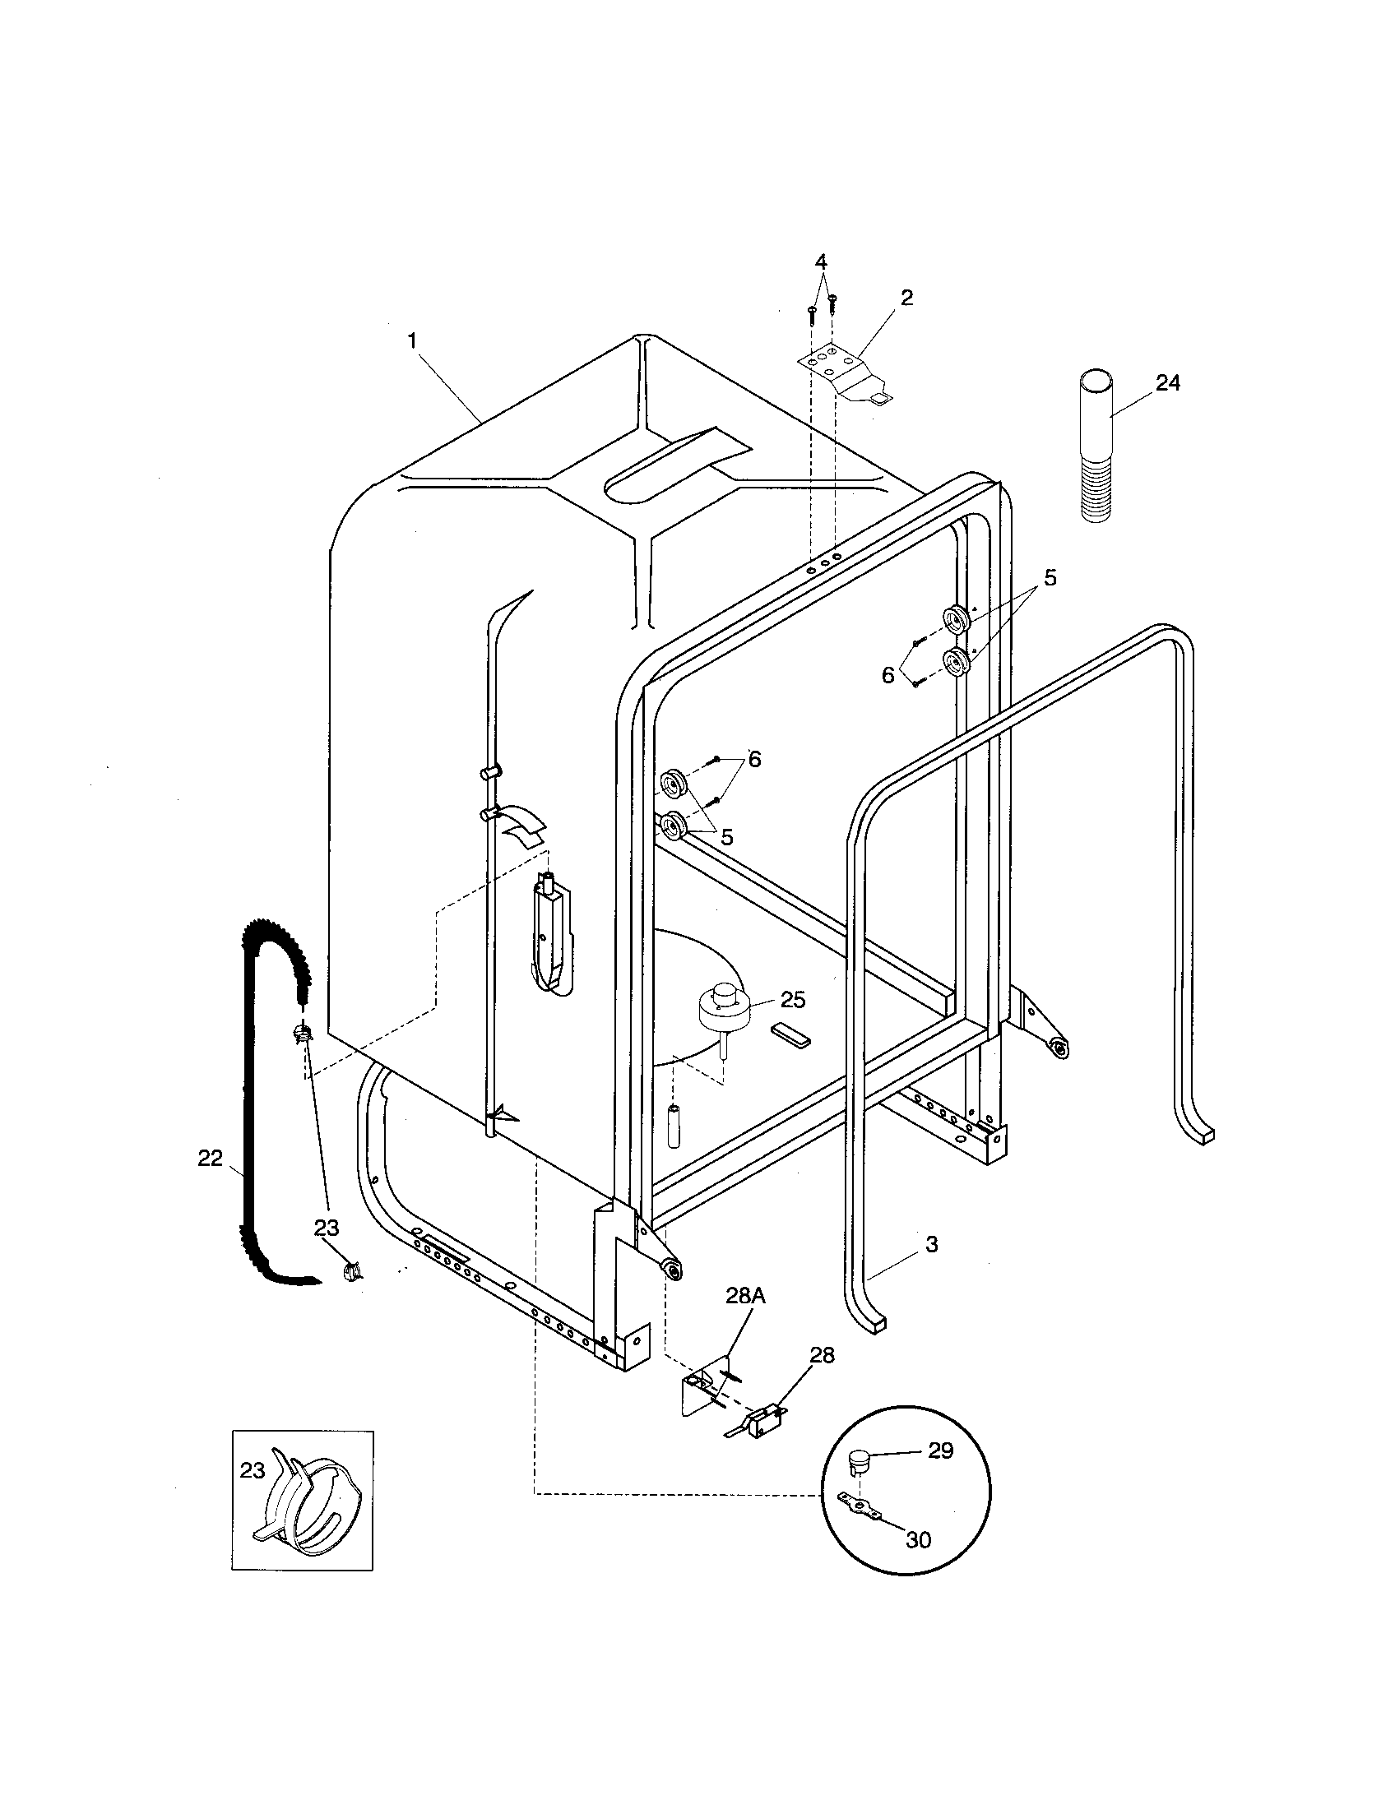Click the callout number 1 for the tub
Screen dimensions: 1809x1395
[412, 340]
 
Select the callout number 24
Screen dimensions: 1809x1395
[1167, 382]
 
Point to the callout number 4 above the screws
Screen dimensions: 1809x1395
[820, 262]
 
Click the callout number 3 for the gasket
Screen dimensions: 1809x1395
[931, 1267]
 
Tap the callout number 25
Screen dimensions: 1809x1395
[792, 1000]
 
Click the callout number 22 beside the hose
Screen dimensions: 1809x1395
[210, 1158]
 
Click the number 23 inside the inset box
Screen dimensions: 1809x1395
[252, 1470]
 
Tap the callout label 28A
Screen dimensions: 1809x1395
[744, 1320]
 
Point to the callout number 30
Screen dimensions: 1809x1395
[918, 1539]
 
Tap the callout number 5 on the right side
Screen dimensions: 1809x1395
[1050, 577]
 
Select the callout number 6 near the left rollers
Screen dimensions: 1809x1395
[753, 759]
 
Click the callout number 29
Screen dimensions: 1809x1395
[940, 1450]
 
